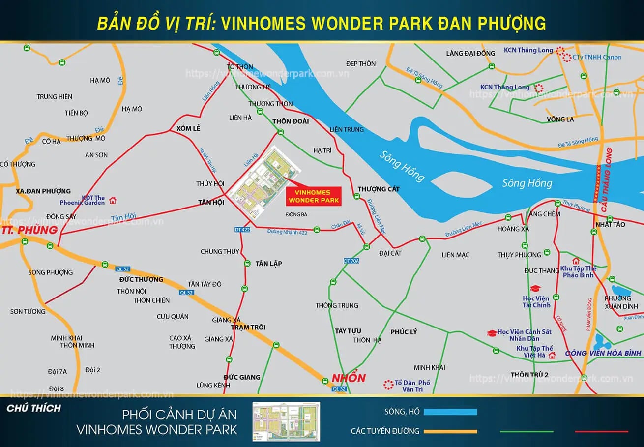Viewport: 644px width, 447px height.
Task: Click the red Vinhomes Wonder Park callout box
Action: [313, 196]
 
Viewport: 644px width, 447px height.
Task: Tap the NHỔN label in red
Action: [349, 378]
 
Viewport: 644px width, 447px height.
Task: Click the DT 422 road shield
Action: [243, 230]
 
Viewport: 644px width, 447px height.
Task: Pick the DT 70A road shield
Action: [351, 261]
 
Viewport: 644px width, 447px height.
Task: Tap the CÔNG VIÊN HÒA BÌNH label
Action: [603, 353]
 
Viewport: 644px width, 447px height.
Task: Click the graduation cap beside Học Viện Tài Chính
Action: [535, 289]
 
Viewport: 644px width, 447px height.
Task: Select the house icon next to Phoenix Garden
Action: [113, 200]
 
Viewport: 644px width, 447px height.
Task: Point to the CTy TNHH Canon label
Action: [597, 57]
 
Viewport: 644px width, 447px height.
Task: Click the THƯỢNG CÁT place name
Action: [379, 189]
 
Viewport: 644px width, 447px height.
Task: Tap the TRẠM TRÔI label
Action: [248, 328]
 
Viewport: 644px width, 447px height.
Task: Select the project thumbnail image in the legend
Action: [286, 421]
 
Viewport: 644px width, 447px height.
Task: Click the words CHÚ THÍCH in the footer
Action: [34, 408]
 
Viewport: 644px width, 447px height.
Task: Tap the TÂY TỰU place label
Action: [348, 331]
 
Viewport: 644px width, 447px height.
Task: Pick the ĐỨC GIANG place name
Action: [242, 377]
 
